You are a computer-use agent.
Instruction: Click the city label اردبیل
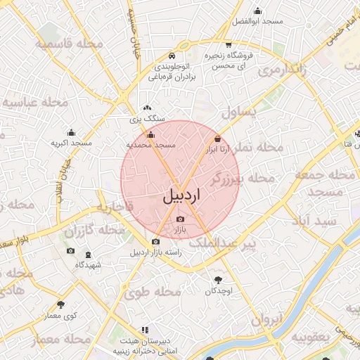pyautogui.click(x=181, y=195)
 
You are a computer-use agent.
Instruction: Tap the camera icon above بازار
pyautogui.click(x=179, y=219)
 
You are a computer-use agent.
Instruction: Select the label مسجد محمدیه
pyautogui.click(x=150, y=144)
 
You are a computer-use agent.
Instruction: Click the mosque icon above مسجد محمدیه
pyautogui.click(x=150, y=134)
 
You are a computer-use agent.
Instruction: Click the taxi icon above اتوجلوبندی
pyautogui.click(x=172, y=56)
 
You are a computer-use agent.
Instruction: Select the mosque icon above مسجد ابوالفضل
pyautogui.click(x=257, y=11)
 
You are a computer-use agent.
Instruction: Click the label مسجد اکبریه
pyautogui.click(x=71, y=143)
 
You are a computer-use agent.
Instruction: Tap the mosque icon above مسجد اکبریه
pyautogui.click(x=71, y=132)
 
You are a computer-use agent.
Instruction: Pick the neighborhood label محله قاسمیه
pyautogui.click(x=70, y=44)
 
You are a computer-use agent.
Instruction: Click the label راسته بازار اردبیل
pyautogui.click(x=155, y=252)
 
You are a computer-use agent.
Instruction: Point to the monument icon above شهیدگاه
pyautogui.click(x=88, y=255)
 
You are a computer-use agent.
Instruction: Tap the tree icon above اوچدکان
pyautogui.click(x=217, y=280)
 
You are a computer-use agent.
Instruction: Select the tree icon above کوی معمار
pyautogui.click(x=60, y=305)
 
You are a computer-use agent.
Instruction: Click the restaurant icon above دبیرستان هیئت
pyautogui.click(x=145, y=329)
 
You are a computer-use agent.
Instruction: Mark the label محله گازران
pyautogui.click(x=90, y=231)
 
